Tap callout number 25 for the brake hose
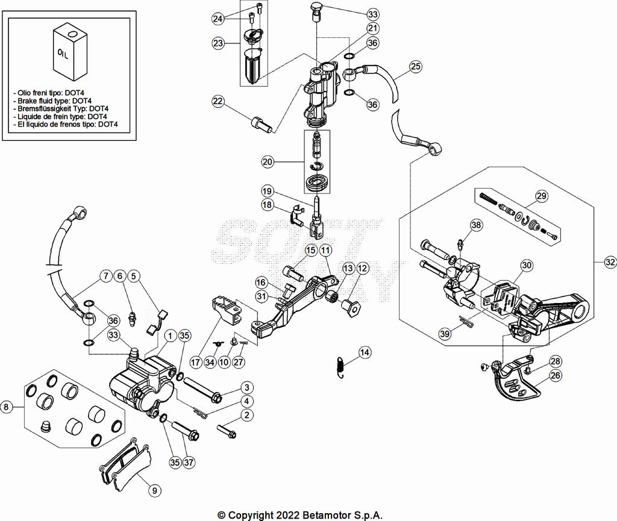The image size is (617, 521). [416, 67]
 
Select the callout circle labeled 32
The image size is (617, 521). [609, 262]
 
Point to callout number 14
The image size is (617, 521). [365, 352]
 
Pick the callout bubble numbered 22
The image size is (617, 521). [218, 102]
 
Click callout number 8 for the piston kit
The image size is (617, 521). [7, 407]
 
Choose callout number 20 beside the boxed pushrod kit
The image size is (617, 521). [268, 161]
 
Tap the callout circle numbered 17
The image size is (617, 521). [195, 363]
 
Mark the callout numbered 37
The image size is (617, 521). [189, 463]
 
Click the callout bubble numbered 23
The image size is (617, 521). [218, 43]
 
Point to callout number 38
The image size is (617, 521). [477, 225]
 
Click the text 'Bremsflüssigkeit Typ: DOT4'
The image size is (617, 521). [58, 108]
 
